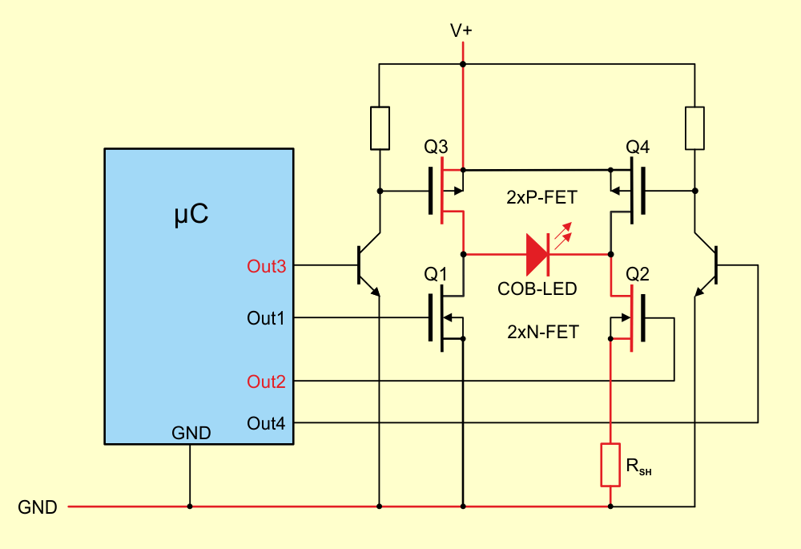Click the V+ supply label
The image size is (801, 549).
tap(461, 30)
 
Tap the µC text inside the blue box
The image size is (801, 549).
tap(191, 214)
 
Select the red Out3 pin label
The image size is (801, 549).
tap(266, 266)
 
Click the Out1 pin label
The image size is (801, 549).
tap(266, 318)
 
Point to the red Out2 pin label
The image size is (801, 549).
tap(266, 381)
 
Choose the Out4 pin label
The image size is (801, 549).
tap(266, 424)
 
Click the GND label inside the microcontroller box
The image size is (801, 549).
tap(191, 433)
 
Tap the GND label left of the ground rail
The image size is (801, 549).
tap(38, 507)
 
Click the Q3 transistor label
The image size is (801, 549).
tap(436, 147)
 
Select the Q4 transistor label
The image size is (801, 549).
tap(638, 147)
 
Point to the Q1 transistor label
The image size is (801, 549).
tap(435, 274)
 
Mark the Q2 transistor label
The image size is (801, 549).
tap(638, 274)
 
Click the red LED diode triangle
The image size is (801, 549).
tap(537, 254)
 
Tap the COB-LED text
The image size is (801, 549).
tap(537, 289)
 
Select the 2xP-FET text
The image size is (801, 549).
tap(541, 197)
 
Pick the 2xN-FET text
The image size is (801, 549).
tap(543, 333)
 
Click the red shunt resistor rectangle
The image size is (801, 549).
tap(610, 465)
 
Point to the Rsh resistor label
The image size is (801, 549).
tap(638, 466)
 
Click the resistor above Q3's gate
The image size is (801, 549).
tap(380, 128)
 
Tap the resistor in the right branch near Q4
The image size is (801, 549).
tap(694, 128)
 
